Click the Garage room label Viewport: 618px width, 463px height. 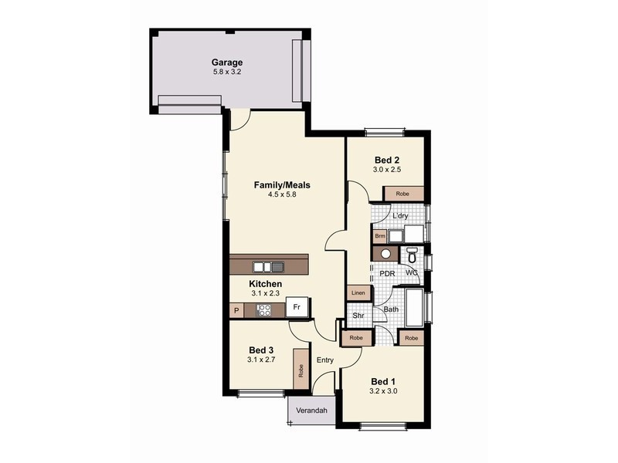[x=227, y=63]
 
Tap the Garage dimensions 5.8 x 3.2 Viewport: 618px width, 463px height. [x=227, y=73]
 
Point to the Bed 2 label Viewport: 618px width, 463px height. [x=385, y=160]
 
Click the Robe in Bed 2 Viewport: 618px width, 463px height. [x=402, y=194]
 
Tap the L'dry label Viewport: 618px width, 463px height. [x=400, y=216]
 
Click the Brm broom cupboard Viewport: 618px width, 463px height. [x=379, y=236]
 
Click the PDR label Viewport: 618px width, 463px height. [x=387, y=273]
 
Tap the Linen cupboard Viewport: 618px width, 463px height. [x=358, y=293]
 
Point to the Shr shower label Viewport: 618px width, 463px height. [x=358, y=315]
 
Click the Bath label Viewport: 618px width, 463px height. [x=392, y=310]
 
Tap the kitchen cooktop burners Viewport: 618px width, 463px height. [x=263, y=310]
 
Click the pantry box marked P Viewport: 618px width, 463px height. [x=236, y=310]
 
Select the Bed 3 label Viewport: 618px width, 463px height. [x=260, y=350]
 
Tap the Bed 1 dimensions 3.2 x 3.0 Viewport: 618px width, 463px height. [x=384, y=391]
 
